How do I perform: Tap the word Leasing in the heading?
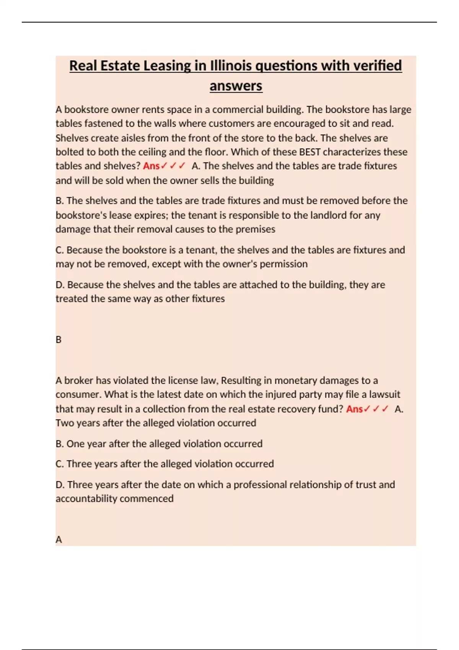pyautogui.click(x=167, y=66)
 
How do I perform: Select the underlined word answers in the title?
pyautogui.click(x=236, y=86)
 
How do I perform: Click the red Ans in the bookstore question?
pyautogui.click(x=151, y=166)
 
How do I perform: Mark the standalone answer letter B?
pyautogui.click(x=59, y=340)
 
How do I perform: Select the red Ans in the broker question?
pyautogui.click(x=354, y=409)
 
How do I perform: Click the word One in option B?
pyautogui.click(x=75, y=444)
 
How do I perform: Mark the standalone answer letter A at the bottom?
pyautogui.click(x=59, y=539)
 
